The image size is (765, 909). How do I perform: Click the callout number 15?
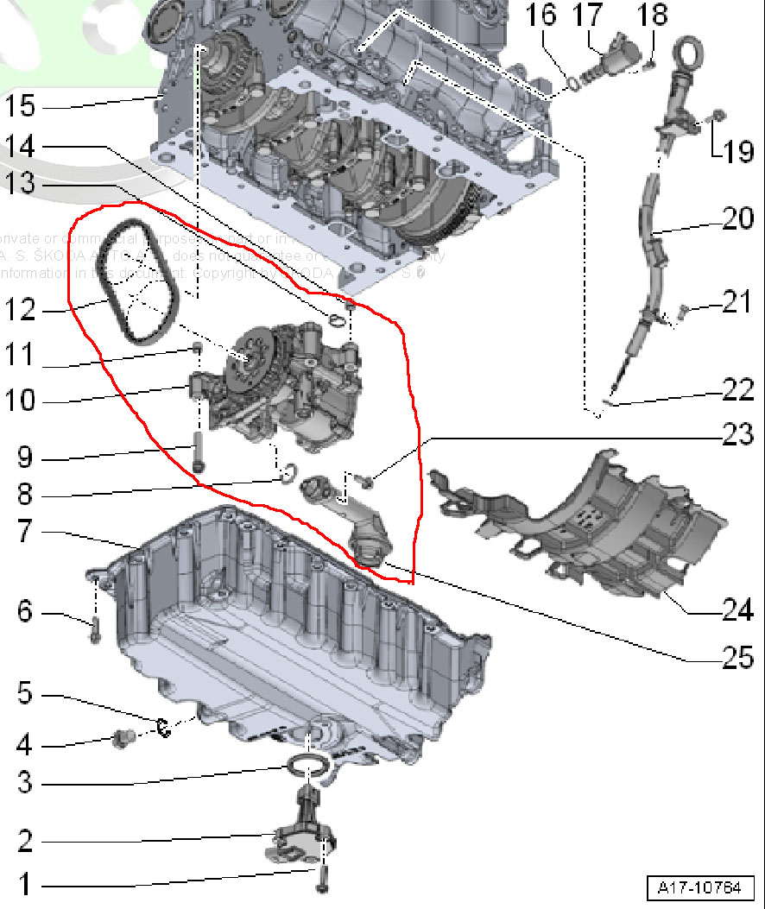click(20, 107)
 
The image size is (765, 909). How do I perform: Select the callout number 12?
click(20, 308)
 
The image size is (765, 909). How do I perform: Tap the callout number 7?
click(25, 532)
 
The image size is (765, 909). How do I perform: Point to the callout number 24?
click(736, 611)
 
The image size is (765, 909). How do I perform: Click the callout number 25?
click(737, 659)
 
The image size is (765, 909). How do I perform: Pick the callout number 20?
click(737, 219)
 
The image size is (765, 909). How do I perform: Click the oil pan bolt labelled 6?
click(95, 631)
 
